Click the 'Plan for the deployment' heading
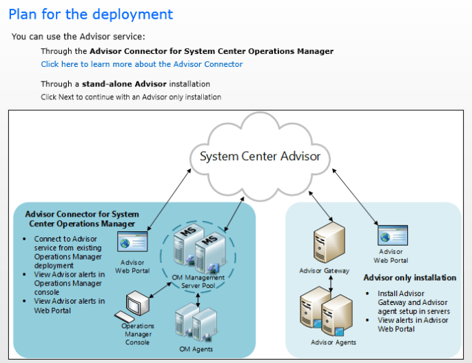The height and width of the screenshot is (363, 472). click(91, 14)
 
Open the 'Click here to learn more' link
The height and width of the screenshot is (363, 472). click(141, 64)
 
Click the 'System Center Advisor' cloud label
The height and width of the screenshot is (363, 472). click(260, 156)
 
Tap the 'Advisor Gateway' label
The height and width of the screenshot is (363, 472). click(324, 271)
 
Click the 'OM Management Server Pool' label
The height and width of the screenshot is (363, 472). click(198, 281)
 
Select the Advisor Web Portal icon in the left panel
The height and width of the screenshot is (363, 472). click(133, 243)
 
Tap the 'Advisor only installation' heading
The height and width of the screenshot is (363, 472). click(409, 277)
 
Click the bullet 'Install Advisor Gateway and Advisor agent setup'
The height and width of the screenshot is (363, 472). click(411, 302)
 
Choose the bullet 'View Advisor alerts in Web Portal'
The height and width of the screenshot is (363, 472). click(69, 306)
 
